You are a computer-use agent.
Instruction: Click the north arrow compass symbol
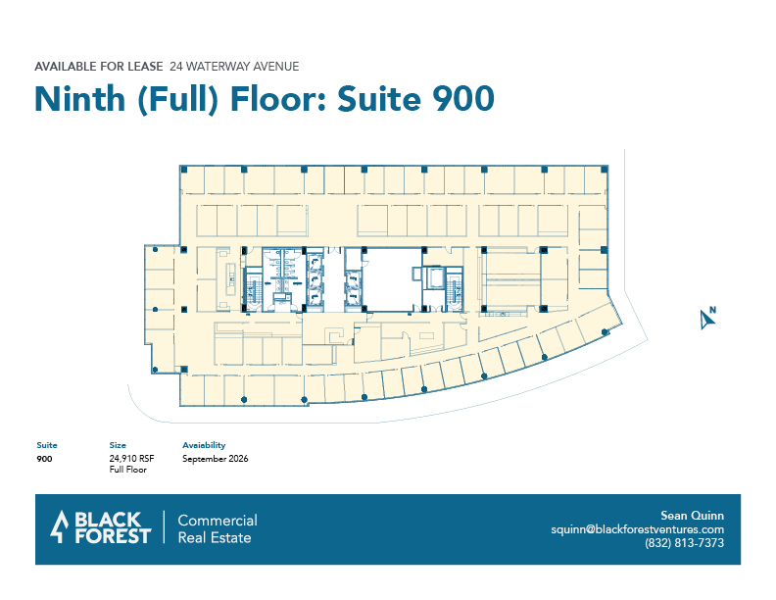[707, 318]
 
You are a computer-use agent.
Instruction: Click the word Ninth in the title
[79, 98]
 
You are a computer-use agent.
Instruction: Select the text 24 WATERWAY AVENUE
[234, 67]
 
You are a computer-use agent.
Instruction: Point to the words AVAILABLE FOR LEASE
[99, 67]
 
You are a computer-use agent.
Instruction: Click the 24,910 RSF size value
[131, 459]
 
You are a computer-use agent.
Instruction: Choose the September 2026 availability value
[216, 459]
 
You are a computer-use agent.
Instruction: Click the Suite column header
[47, 445]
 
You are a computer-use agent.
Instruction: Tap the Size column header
[118, 445]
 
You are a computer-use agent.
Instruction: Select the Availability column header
[204, 445]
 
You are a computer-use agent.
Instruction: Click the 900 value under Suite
[44, 459]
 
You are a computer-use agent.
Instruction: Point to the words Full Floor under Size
[128, 470]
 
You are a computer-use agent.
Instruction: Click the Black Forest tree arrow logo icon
[60, 526]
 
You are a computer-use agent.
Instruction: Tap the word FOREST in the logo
[113, 536]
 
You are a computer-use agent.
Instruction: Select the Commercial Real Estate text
[218, 528]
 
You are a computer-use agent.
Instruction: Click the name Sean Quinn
[692, 516]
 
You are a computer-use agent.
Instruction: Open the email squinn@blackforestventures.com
[638, 529]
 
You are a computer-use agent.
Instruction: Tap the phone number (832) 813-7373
[684, 543]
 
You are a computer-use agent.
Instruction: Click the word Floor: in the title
[277, 98]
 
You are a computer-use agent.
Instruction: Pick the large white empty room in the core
[393, 279]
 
